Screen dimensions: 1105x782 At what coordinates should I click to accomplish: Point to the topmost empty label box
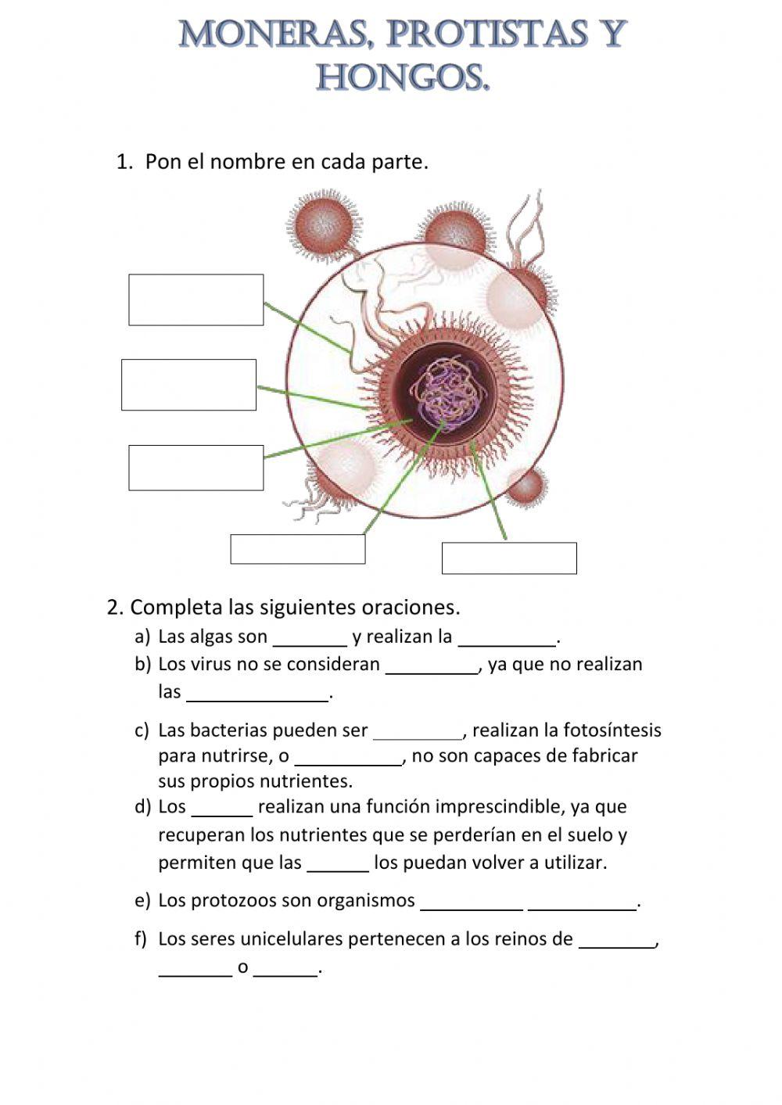point(195,300)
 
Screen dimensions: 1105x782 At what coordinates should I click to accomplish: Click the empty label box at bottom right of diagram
point(509,558)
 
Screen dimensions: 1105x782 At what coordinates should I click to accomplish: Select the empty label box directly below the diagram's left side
point(297,549)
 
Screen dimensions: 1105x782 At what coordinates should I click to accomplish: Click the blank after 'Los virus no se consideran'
point(432,667)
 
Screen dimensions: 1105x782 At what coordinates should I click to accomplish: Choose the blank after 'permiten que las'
point(338,866)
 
